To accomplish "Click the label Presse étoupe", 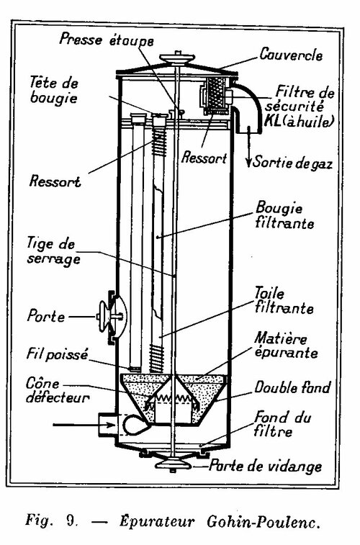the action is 106,39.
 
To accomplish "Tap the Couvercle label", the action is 291,55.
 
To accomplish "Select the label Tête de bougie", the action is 54,91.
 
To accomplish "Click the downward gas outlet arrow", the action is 248,147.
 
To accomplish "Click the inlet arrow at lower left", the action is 84,424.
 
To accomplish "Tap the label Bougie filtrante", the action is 284,215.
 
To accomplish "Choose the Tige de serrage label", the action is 53,252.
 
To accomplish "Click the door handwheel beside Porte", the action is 103,316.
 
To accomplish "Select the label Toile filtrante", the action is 284,301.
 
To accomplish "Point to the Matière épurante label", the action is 286,345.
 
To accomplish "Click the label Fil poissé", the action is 58,354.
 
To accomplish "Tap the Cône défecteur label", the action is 58,390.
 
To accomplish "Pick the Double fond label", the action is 292,387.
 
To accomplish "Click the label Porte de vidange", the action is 266,466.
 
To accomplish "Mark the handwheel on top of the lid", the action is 177,58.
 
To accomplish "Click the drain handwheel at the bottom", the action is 173,464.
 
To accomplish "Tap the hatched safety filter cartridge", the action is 215,93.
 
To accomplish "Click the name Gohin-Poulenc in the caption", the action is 263,522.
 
